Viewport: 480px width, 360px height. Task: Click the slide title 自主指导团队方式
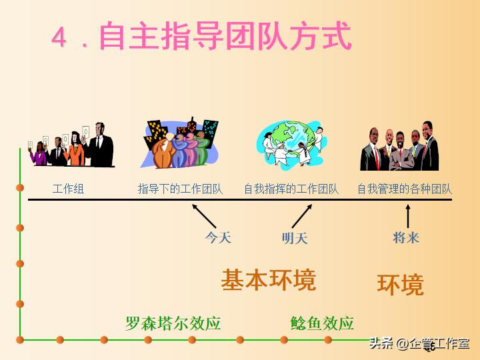pyautogui.click(x=225, y=37)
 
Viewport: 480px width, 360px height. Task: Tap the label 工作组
pyautogui.click(x=68, y=189)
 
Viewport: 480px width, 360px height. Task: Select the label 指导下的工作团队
pyautogui.click(x=180, y=189)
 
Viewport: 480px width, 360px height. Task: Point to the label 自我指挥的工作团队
pyautogui.click(x=291, y=189)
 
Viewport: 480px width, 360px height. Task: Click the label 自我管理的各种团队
pyautogui.click(x=405, y=189)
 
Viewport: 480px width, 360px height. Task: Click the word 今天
pyautogui.click(x=218, y=237)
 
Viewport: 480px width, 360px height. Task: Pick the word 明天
pyautogui.click(x=295, y=238)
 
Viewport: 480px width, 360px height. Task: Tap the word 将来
pyautogui.click(x=407, y=237)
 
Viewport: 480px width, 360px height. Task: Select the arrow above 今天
pyautogui.click(x=204, y=215)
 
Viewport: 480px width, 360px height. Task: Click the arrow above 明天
pyautogui.click(x=302, y=215)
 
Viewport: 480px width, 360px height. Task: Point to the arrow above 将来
pyautogui.click(x=408, y=216)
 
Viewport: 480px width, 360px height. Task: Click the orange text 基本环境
pyautogui.click(x=268, y=279)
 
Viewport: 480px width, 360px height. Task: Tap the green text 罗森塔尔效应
pyautogui.click(x=173, y=324)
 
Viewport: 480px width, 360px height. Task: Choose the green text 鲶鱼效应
pyautogui.click(x=322, y=324)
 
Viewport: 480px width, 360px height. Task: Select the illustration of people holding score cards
pyautogui.click(x=70, y=145)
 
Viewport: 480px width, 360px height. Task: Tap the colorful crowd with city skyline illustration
pyautogui.click(x=180, y=143)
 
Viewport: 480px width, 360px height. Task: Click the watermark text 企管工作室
pyautogui.click(x=441, y=343)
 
